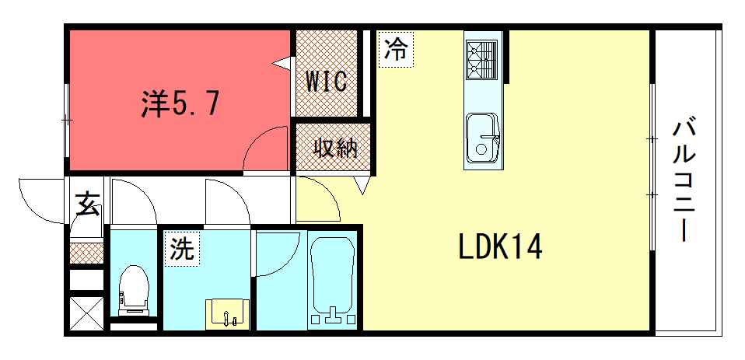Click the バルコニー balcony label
pos(684,179)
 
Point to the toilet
pos(133,288)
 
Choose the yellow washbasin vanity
pos(227,313)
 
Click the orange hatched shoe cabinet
pos(86,253)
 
